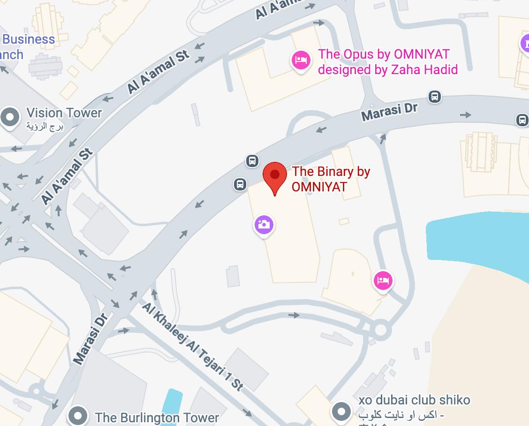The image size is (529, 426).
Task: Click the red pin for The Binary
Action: (275, 176)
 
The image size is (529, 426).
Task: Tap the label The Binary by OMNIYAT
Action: (331, 179)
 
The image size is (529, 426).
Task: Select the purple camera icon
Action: (264, 224)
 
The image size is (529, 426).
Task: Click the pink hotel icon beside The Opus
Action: (300, 60)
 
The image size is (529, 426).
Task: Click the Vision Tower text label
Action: (64, 113)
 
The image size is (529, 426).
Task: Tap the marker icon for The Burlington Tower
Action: (77, 415)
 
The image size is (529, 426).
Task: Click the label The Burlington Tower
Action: (157, 417)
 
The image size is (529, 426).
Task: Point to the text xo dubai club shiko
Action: (414, 400)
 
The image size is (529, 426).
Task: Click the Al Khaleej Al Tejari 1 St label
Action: (193, 346)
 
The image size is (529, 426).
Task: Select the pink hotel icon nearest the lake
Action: (383, 280)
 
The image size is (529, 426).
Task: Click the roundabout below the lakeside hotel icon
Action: (381, 330)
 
